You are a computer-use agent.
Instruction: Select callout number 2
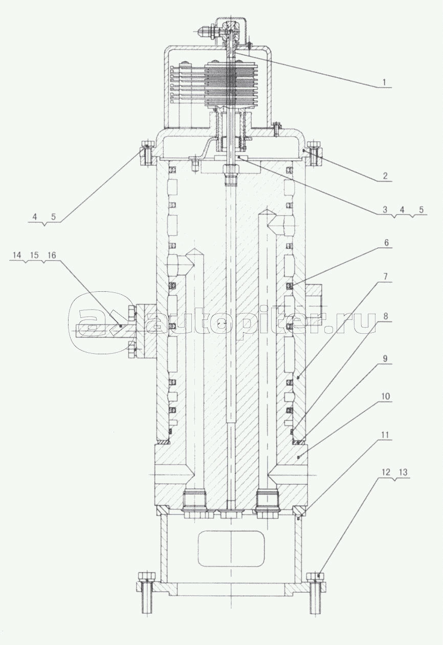(x=385, y=176)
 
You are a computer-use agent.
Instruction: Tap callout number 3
(x=385, y=209)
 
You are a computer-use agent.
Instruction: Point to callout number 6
(x=386, y=243)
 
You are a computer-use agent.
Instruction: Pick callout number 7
(x=386, y=277)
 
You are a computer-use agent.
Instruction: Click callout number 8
(x=386, y=316)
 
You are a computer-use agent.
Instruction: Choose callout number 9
(x=385, y=359)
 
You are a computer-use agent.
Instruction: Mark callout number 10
(x=385, y=397)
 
